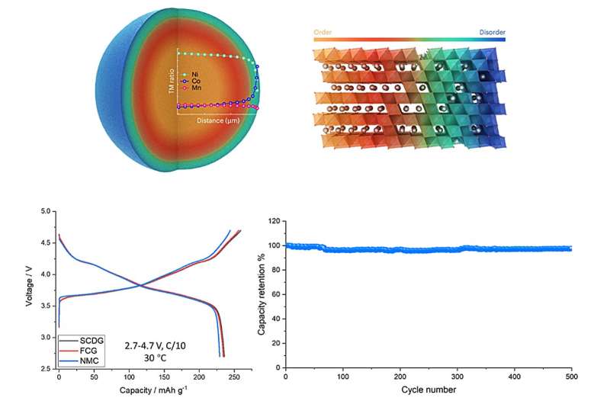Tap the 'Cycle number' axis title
[429, 390]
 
